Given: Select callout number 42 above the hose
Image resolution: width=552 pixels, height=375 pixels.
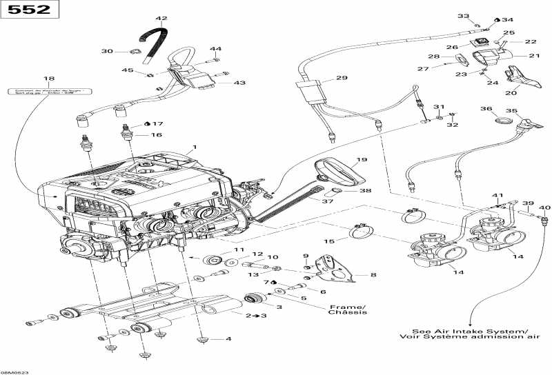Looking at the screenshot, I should [x=161, y=19].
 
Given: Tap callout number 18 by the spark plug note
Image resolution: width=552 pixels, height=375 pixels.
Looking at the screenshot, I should [x=49, y=79].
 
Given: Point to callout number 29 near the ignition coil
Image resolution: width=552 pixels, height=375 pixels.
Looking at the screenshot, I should [x=342, y=79].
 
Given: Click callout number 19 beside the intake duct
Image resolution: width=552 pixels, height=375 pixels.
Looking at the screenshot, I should [x=362, y=160].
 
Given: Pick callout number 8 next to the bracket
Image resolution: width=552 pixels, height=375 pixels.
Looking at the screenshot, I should [x=373, y=275].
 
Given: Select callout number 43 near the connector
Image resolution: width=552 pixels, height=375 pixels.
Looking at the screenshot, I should [x=239, y=83].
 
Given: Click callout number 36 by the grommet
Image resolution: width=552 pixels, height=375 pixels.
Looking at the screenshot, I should [x=486, y=109].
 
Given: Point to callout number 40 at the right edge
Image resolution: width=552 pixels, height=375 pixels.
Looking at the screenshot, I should [x=545, y=207].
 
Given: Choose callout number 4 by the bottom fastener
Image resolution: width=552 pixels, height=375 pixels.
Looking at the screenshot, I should [x=228, y=339].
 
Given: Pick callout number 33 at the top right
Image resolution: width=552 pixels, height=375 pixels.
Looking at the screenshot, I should [x=463, y=16].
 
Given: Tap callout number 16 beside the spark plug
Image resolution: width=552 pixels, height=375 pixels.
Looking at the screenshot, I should [x=157, y=135].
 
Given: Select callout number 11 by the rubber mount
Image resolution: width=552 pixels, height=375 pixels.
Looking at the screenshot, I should [x=239, y=250].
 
